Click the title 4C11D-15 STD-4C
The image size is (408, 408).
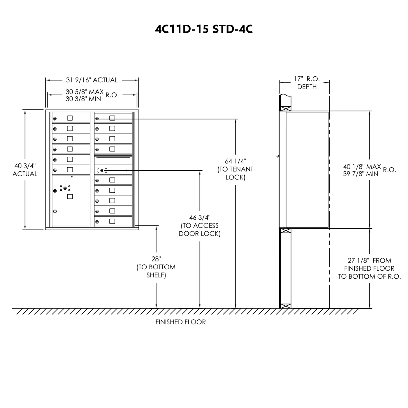pos(204,29)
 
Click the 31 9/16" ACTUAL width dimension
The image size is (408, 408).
pos(92,80)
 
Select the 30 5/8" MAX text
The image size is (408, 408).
pos(85,92)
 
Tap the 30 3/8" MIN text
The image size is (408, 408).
pos(83,99)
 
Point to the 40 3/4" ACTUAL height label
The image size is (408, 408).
pos(25,170)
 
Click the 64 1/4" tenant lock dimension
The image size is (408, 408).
pos(235,161)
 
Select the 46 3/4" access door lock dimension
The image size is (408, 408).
pos(200,217)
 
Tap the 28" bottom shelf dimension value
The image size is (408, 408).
pos(156,259)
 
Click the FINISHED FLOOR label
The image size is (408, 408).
pos(180,322)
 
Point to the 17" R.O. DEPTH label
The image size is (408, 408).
pos(307,82)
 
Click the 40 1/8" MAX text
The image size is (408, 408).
pos(362,166)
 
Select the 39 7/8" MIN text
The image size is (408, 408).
pos(360,174)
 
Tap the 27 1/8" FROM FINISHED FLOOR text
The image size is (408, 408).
pos(369,261)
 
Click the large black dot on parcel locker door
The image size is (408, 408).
pos(55,191)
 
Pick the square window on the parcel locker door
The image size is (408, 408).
pos(70,197)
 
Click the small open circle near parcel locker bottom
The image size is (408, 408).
pos(55,211)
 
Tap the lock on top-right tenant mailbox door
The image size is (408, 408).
pos(97,119)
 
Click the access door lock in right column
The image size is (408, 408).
pos(102,170)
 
